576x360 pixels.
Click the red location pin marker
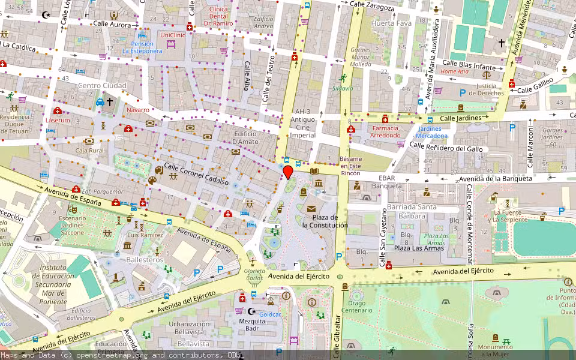288,172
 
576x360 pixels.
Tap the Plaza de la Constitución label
325,221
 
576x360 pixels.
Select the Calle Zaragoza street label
372,8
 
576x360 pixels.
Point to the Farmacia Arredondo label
385,131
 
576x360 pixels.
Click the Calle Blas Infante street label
469,64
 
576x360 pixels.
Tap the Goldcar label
270,314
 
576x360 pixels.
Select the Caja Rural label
88,151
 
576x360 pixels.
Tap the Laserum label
58,120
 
